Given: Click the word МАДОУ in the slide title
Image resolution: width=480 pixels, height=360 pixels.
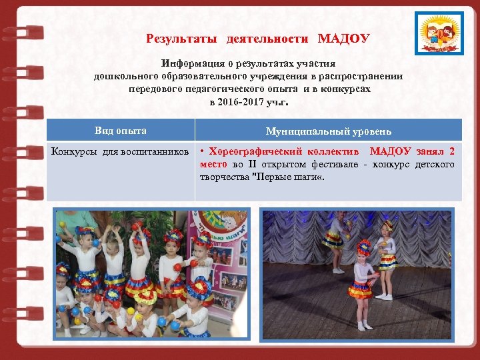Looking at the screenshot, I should (x=343, y=39).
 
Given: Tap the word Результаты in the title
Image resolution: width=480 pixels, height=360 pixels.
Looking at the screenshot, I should (x=182, y=39).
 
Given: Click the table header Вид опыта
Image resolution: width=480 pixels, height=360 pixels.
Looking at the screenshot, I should (x=121, y=131).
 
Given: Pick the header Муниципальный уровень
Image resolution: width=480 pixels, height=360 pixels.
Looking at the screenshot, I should (x=329, y=131).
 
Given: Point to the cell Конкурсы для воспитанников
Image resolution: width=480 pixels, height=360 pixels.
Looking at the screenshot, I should (x=121, y=152).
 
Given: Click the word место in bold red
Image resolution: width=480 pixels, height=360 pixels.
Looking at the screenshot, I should (x=213, y=164).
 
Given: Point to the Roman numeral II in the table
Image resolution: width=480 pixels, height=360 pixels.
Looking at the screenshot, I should (x=251, y=164).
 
